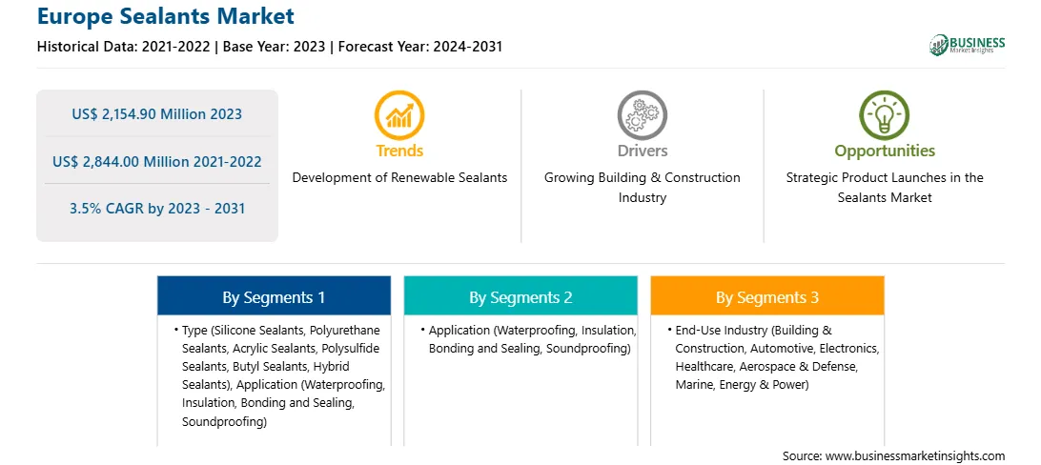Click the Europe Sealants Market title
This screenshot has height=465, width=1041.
(x=165, y=16)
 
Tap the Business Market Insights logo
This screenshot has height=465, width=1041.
(x=967, y=45)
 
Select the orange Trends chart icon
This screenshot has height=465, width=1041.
(x=399, y=114)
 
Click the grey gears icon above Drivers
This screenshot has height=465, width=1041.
(x=642, y=114)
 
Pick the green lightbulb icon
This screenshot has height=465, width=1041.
(x=885, y=114)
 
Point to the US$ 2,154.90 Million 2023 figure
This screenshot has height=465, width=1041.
(x=156, y=114)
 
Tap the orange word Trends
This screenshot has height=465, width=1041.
(x=399, y=152)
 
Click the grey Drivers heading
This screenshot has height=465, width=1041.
(x=642, y=152)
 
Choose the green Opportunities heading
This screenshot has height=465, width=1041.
(x=885, y=152)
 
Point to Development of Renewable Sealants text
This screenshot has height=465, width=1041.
(x=399, y=178)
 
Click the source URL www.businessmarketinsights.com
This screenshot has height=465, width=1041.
(x=915, y=456)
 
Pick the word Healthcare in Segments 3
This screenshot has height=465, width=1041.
(x=704, y=366)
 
